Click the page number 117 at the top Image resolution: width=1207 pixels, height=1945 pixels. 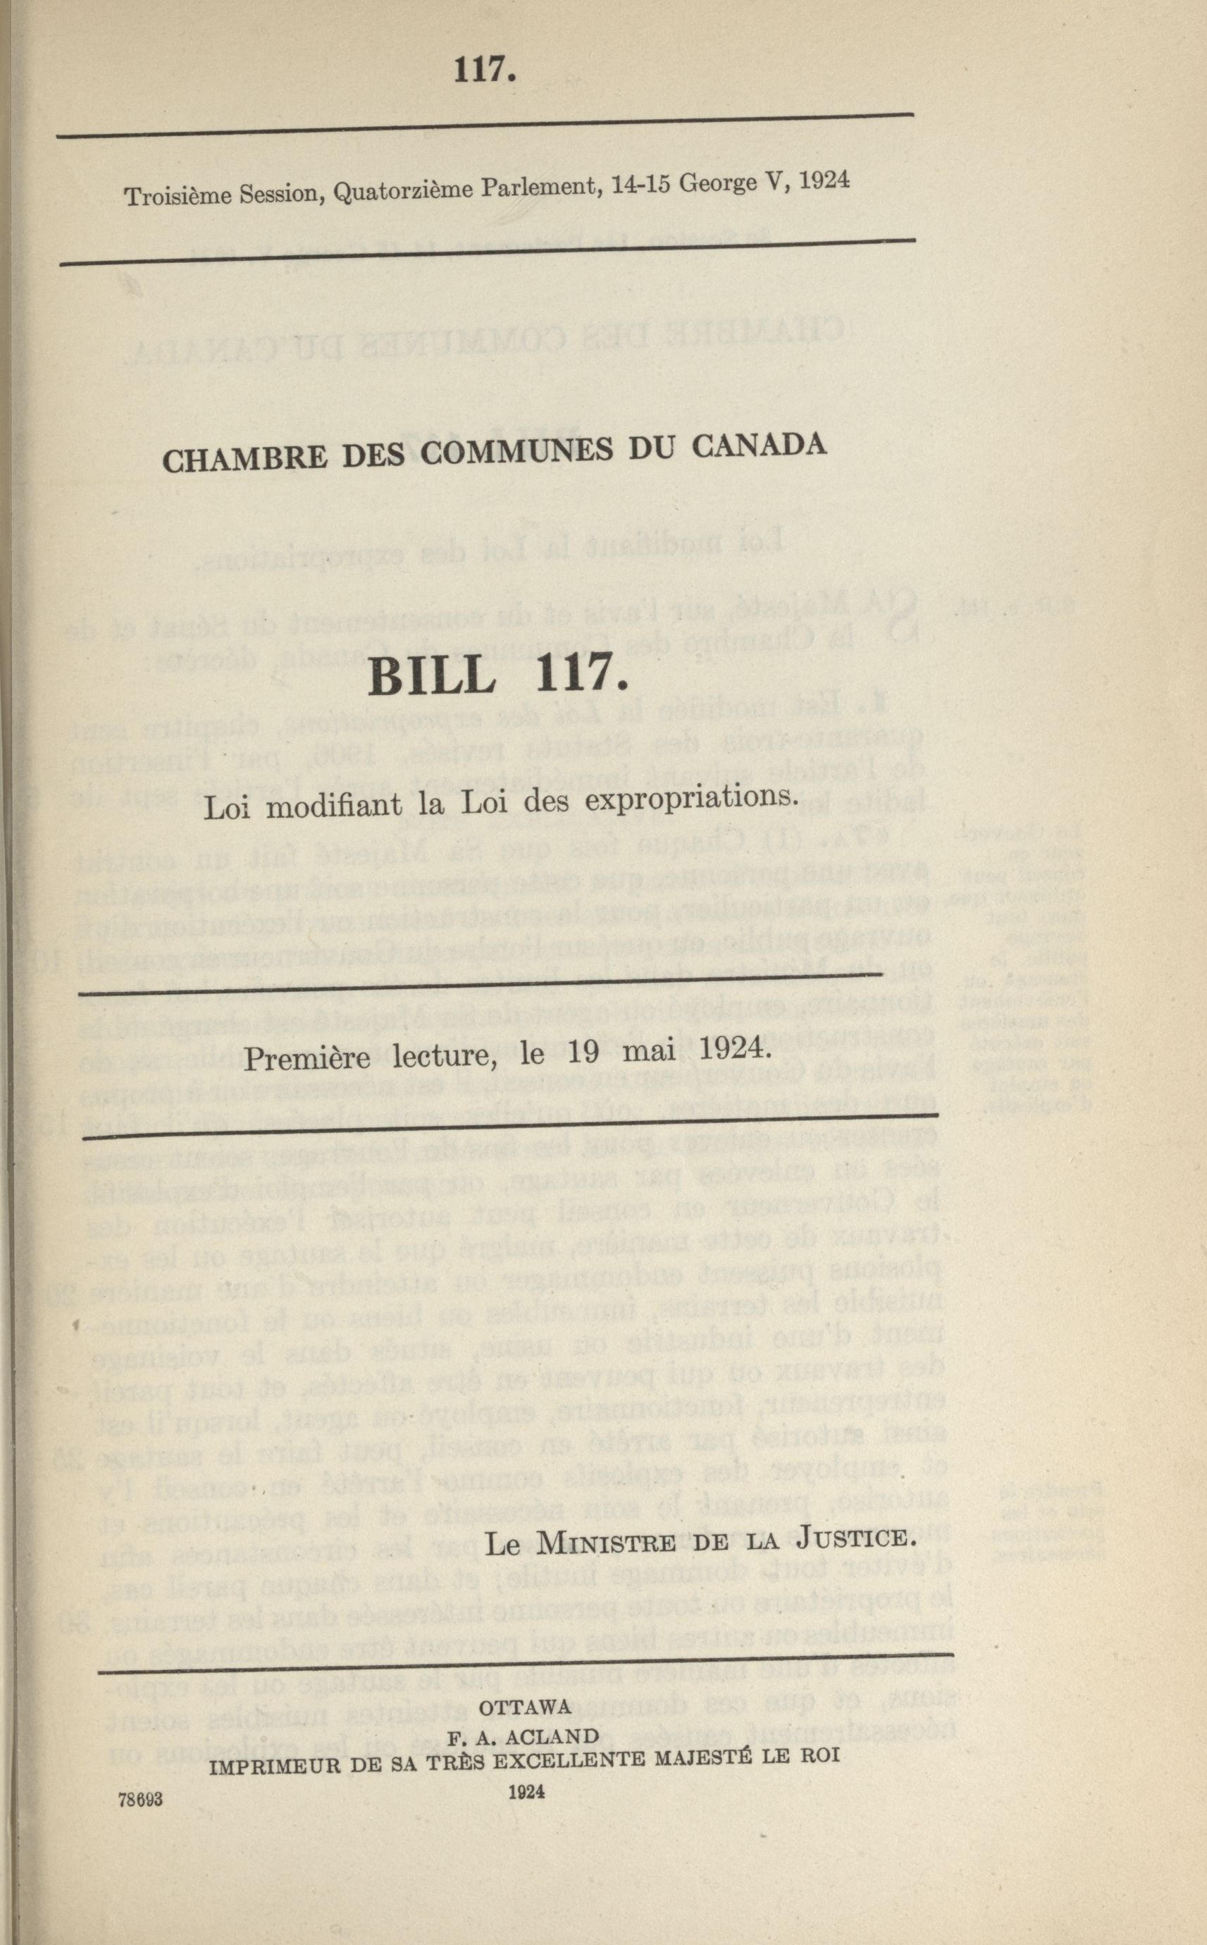[x=481, y=70]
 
